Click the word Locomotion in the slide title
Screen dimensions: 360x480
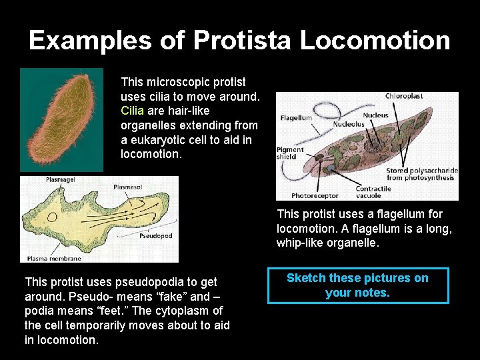click(375, 41)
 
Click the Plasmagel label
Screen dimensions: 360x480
click(60, 180)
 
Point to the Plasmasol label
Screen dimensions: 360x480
click(128, 188)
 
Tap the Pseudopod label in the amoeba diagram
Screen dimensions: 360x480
click(156, 236)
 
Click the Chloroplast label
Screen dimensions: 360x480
click(404, 96)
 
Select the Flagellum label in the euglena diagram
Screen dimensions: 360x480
click(297, 118)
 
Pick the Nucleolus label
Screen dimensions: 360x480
click(349, 124)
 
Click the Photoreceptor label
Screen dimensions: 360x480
click(315, 196)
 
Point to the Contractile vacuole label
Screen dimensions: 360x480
click(373, 193)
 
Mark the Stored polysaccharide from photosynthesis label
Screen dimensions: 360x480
click(422, 175)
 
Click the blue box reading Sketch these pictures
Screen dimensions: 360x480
click(358, 285)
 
